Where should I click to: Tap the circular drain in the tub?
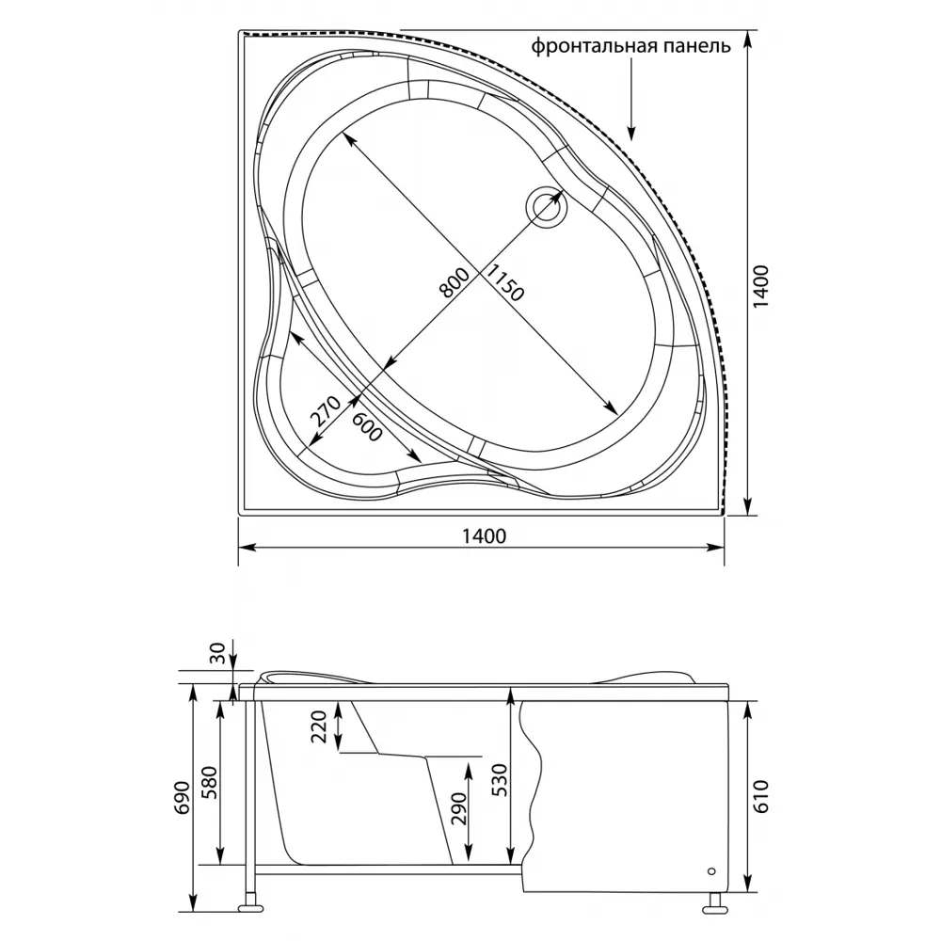[x=546, y=207]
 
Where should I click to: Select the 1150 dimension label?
[x=504, y=282]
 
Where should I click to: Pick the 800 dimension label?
[x=454, y=283]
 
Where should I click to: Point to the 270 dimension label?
[x=326, y=411]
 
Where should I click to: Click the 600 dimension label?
[x=367, y=427]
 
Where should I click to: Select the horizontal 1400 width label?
[x=485, y=536]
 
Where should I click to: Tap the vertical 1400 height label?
[x=760, y=287]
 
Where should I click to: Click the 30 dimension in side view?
[x=218, y=653]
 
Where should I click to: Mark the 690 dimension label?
[x=183, y=798]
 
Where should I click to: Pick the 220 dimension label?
[x=319, y=726]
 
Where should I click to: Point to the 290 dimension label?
[x=458, y=809]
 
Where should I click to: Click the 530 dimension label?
[x=501, y=781]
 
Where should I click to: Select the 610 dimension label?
[x=760, y=796]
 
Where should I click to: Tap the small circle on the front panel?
[x=712, y=871]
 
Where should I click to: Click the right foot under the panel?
[x=715, y=904]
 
